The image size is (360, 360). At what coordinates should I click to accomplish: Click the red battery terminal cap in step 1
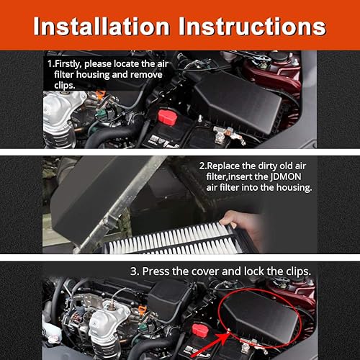(167, 117)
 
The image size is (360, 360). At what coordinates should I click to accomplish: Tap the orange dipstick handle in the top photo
(101, 94)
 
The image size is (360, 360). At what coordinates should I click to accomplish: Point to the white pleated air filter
(173, 243)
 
